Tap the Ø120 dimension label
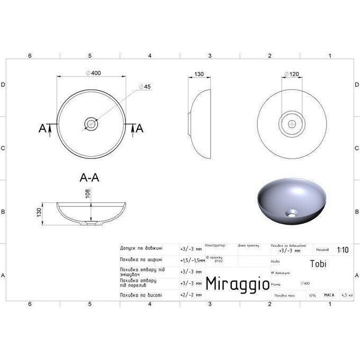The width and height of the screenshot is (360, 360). click(291, 74)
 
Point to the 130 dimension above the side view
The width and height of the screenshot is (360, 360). click(199, 74)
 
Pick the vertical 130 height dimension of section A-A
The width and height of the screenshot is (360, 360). click(47, 212)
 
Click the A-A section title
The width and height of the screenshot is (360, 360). click(89, 178)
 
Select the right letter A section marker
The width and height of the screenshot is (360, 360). click(140, 128)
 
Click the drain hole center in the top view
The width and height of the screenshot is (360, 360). click(92, 124)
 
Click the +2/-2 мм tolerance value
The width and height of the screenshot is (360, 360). click(191, 294)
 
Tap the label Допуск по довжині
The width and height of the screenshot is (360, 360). click(141, 248)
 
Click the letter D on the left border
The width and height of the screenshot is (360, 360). click(3, 84)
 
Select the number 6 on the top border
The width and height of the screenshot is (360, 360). click(30, 56)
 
